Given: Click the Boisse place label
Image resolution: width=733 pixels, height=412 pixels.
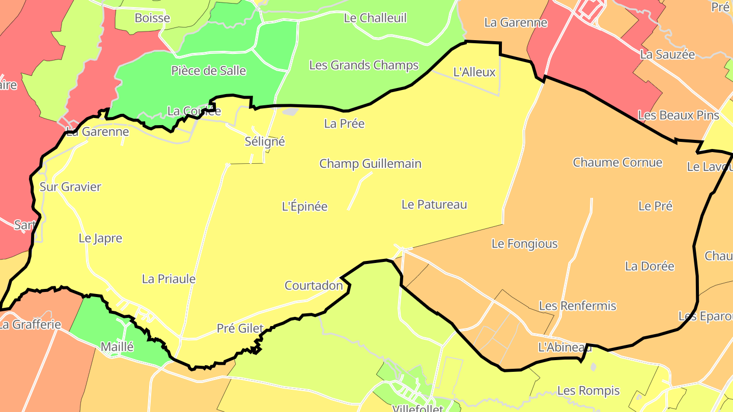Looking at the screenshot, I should tap(152, 18).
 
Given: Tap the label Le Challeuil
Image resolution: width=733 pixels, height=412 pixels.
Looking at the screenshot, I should tap(376, 18).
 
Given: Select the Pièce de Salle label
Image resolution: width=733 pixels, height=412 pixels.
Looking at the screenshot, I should tap(209, 71).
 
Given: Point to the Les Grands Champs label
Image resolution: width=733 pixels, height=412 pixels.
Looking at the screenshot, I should tap(364, 65).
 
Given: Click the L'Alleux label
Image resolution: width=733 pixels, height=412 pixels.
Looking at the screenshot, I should tap(474, 72).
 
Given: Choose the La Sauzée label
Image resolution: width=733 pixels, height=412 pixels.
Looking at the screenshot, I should tap(667, 54).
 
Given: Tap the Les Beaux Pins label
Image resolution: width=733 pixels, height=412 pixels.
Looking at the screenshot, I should tap(679, 115).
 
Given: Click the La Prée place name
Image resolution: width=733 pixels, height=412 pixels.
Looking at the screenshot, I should tap(345, 124).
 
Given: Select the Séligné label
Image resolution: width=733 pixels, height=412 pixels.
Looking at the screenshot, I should tap(265, 142).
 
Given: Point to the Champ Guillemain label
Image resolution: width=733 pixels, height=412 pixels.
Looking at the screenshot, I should tap(371, 164).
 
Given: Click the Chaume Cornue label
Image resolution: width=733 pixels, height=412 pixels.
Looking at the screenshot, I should tap(617, 162).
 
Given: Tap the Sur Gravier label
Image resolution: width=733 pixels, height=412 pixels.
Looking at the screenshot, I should tap(71, 187).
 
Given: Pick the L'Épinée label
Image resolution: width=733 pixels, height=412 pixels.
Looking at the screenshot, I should tap(305, 207).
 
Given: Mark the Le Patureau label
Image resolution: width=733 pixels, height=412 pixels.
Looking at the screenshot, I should tap(434, 204).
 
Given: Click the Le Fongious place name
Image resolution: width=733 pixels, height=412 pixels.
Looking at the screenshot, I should tap(525, 244).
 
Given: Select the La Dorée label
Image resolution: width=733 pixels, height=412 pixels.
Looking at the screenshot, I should tap(650, 266).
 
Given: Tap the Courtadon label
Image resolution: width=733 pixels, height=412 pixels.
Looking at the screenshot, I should tap(314, 285).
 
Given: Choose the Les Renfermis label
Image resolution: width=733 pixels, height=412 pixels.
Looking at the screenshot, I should tap(578, 306).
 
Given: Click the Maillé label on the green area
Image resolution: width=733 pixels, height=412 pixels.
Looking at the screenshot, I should tap(117, 347).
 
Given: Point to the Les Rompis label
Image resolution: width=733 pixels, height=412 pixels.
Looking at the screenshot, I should tap(588, 391).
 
